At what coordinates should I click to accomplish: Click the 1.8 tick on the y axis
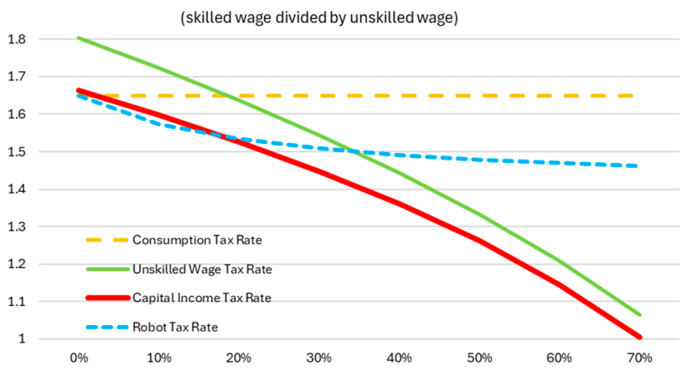[x=17, y=39]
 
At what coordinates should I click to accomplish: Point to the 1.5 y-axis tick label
[x=17, y=152]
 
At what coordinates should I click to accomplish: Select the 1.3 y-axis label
[x=17, y=227]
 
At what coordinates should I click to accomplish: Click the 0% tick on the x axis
[x=79, y=358]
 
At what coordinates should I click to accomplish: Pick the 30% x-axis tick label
[x=319, y=358]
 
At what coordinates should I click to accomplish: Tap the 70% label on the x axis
[x=640, y=358]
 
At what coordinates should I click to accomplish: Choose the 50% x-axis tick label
[x=479, y=358]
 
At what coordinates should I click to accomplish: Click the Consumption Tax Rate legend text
[x=197, y=240]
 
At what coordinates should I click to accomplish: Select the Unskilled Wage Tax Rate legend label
[x=202, y=269]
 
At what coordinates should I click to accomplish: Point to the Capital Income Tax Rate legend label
[x=202, y=298]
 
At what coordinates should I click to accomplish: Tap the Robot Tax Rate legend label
[x=176, y=327]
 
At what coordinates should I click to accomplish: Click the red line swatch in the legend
[x=108, y=298]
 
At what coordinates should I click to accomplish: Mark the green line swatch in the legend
[x=108, y=269]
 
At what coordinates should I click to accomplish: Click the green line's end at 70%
[x=639, y=314]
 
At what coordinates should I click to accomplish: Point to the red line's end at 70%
[x=639, y=337]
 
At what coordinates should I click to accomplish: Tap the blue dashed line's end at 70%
[x=637, y=166]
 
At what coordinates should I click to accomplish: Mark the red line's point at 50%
[x=479, y=241]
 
